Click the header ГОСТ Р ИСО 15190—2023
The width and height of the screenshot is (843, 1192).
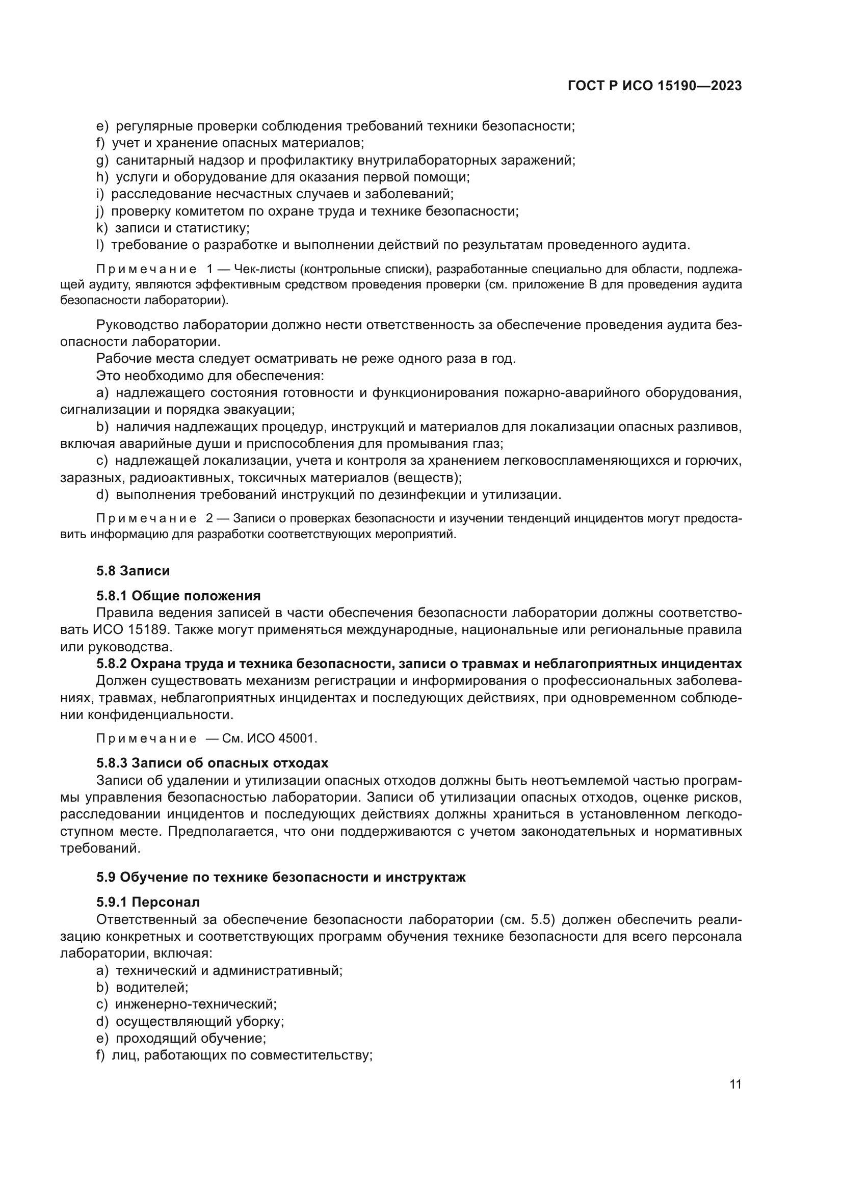pos(654,86)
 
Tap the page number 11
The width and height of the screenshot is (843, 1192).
pos(735,1084)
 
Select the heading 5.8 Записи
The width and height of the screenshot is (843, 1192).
pos(133,571)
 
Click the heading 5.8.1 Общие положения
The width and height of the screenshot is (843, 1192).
pos(178,595)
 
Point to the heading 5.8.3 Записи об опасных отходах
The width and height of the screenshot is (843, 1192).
pos(212,763)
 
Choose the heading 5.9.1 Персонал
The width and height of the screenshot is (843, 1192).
pos(147,902)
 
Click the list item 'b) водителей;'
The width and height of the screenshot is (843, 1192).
pos(142,987)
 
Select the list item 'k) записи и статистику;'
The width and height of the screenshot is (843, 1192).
pos(173,228)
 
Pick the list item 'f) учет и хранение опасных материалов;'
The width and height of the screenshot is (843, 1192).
pos(230,143)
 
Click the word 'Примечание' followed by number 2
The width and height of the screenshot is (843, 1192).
pos(146,519)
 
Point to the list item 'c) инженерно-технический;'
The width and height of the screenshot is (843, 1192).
pos(187,1004)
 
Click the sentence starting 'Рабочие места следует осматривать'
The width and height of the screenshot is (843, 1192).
pos(306,359)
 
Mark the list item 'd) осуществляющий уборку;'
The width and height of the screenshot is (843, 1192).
pos(190,1021)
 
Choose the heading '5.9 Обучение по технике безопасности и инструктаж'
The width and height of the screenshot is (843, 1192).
pos(281,878)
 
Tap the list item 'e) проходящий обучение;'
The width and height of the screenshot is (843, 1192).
pos(181,1038)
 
